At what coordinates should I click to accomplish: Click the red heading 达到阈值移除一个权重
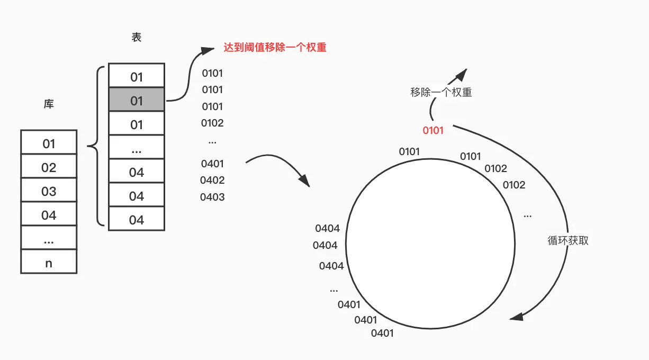click(275, 48)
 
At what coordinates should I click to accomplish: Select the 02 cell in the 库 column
click(49, 167)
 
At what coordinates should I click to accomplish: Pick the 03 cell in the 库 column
click(49, 191)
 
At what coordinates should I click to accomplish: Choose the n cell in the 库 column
click(49, 263)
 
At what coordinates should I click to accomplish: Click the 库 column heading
click(49, 104)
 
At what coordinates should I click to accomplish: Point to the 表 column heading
click(137, 38)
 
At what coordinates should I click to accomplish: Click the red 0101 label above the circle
click(433, 130)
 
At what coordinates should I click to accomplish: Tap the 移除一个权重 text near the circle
click(441, 92)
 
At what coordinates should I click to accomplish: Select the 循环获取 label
click(568, 240)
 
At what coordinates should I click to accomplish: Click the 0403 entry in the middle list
click(212, 197)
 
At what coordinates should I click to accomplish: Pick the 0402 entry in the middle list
click(212, 180)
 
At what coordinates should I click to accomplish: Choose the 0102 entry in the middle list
click(212, 123)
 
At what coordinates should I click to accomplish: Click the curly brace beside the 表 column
click(94, 146)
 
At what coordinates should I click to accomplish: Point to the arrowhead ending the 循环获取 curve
click(517, 317)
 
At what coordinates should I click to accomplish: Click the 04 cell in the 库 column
click(49, 215)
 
